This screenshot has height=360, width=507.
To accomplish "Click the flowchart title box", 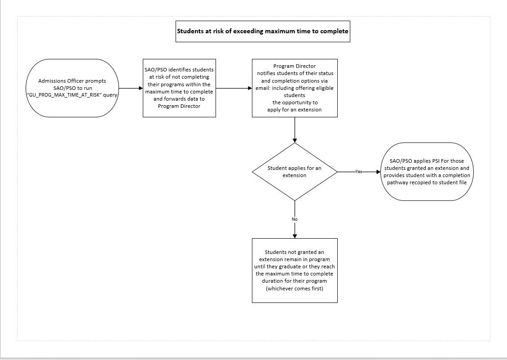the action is (263, 31).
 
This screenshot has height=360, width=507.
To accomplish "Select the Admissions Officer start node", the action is (72, 88).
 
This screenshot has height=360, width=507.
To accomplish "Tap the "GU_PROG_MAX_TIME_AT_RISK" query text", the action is (72, 95).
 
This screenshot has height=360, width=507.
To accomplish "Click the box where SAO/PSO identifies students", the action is (179, 88).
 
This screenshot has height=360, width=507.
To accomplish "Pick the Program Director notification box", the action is (295, 88).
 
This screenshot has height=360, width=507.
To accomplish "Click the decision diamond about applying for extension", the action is (295, 172).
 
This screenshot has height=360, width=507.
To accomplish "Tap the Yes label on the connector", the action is (359, 172).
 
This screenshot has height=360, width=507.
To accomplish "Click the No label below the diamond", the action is (295, 219).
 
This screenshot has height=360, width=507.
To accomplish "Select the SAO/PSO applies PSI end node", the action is (427, 172).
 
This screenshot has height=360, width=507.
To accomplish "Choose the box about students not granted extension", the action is (295, 271).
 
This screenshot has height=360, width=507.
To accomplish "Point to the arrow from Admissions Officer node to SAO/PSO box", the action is (131, 88).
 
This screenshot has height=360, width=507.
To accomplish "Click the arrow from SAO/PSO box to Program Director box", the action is (234, 88).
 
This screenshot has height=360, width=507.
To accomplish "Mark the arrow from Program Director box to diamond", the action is (295, 130).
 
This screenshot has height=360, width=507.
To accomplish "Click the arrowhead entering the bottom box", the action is (295, 236).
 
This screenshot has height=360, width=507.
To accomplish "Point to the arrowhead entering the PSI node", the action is (379, 172).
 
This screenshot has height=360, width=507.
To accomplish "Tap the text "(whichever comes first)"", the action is (295, 289).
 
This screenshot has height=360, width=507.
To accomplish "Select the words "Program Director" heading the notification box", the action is (295, 66).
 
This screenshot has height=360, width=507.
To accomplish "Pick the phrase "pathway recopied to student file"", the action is (427, 182).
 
